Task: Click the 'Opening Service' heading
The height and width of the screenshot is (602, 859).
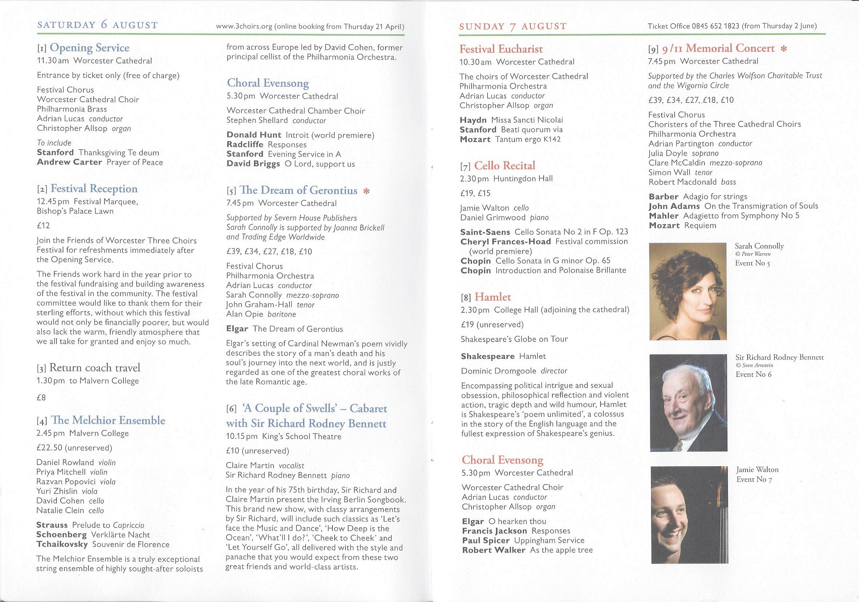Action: tap(90, 48)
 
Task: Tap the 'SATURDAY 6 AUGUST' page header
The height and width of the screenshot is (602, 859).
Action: tap(98, 25)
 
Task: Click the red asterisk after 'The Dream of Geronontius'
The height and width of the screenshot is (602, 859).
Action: tap(367, 191)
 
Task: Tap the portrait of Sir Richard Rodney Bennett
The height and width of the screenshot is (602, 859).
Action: tap(688, 403)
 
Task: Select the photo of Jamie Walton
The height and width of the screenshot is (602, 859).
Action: tap(688, 515)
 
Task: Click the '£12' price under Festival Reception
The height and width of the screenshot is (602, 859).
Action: tap(43, 225)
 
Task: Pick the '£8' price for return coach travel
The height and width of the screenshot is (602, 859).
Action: tap(41, 397)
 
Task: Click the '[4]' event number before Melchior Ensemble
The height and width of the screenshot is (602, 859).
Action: tap(42, 421)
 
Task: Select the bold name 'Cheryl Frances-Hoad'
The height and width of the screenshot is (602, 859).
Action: tap(506, 242)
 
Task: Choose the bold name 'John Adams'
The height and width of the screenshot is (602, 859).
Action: tap(674, 206)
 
